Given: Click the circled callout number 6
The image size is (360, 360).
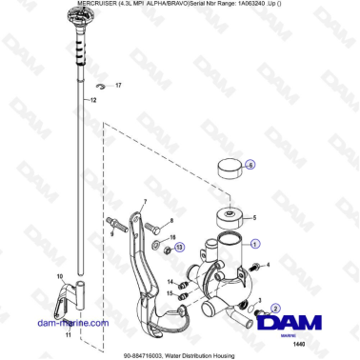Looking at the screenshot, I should point(250,164).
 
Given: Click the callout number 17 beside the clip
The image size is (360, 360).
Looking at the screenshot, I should point(119,86).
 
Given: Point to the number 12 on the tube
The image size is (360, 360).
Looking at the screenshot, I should point(93,99).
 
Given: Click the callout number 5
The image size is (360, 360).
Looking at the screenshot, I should point(252,218).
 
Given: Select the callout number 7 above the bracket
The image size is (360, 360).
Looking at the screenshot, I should point(145,202).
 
